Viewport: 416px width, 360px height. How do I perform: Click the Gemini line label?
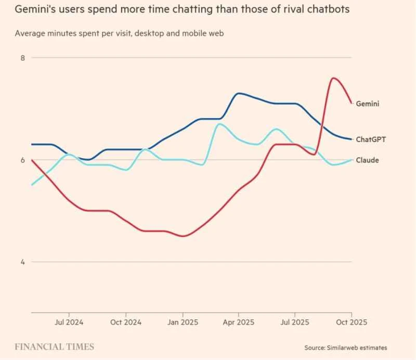pos(367,104)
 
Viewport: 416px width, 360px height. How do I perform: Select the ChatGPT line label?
pos(370,139)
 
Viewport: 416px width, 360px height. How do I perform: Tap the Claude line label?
pos(367,160)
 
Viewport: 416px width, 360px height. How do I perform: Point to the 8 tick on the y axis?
pos(22,58)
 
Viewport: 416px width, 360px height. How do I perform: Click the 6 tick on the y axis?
pos(22,160)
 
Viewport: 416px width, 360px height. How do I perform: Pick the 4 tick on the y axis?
pos(22,262)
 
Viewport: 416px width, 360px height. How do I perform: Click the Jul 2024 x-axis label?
pos(70,323)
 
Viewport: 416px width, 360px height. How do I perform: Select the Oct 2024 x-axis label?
pos(126,323)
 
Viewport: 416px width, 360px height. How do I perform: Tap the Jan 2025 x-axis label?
pos(183,323)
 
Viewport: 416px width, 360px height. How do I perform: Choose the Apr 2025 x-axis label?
pos(238,323)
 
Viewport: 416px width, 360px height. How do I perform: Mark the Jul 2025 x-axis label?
pos(295,323)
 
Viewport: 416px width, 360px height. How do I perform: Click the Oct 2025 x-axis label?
pos(351,323)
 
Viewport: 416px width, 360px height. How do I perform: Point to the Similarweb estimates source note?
pos(346,348)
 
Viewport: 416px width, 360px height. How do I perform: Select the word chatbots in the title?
pos(326,10)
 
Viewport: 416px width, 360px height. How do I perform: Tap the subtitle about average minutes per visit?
pos(123,33)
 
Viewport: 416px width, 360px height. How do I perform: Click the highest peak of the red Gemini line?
pos(333,78)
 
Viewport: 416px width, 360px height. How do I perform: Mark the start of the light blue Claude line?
pos(32,185)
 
